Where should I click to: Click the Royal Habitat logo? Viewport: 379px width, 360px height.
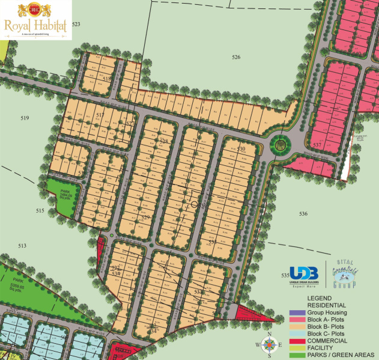tap(36, 20)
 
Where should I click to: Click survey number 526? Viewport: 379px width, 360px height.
tap(236, 57)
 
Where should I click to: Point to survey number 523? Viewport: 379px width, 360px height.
tap(76, 24)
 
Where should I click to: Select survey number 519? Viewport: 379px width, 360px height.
tap(25, 118)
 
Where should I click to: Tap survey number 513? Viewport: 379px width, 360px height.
tap(22, 246)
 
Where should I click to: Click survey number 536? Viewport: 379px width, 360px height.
tap(303, 213)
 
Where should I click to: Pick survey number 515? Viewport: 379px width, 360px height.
tap(40, 210)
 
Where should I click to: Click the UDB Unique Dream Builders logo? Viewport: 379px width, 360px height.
tap(303, 275)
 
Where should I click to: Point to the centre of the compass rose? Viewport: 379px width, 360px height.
tap(270, 344)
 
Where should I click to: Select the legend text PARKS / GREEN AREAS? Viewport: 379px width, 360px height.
tap(337, 355)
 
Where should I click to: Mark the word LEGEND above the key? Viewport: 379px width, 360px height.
tap(320, 298)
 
